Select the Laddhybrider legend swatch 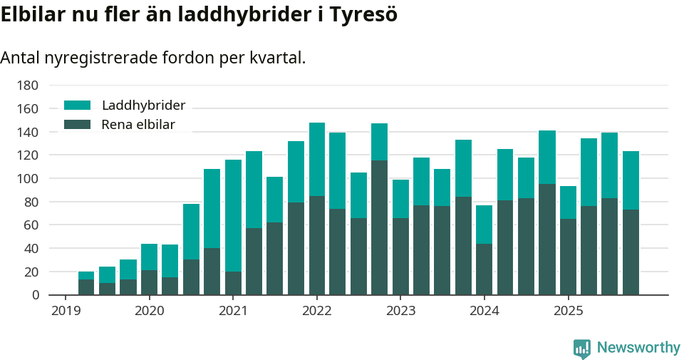point(78,105)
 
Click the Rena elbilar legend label point(138,125)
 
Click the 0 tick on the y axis point(33,294)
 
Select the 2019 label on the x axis point(66,311)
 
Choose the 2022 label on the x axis point(317,311)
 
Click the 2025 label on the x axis point(568,311)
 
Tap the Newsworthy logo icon point(581,348)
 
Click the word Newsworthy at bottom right point(638,348)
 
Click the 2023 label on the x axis point(400,311)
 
